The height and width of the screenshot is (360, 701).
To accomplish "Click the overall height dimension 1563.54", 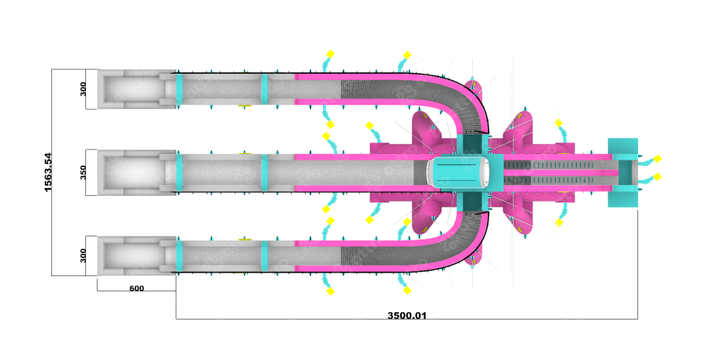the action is (x=48, y=172).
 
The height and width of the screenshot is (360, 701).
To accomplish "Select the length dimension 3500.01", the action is (x=407, y=315).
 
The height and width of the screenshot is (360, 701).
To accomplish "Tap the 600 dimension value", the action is (x=137, y=288).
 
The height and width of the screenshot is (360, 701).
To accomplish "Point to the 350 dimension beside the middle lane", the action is (x=83, y=172).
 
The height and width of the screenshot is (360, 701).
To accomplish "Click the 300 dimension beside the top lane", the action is (x=83, y=89).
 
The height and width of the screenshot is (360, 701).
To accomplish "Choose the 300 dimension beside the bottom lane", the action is (x=83, y=256).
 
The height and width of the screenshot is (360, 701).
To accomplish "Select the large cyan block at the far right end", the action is (x=623, y=173).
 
